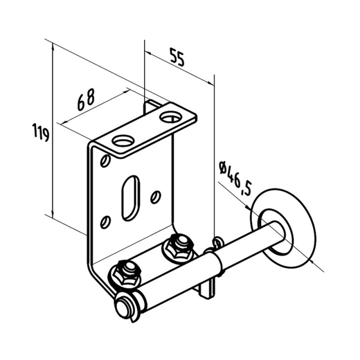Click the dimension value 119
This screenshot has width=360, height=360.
tap(40, 132)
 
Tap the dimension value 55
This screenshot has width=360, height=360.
tap(176, 57)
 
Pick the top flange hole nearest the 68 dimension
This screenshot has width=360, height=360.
tap(123, 140)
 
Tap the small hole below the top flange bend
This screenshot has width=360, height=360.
tap(105, 161)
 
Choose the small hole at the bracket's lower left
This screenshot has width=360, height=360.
tap(105, 222)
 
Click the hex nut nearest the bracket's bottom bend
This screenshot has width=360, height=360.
tap(126, 272)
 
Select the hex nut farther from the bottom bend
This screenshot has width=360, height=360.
tap(178, 246)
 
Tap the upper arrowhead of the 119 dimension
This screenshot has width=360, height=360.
tap(53, 46)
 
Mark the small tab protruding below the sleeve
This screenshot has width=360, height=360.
tap(207, 288)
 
